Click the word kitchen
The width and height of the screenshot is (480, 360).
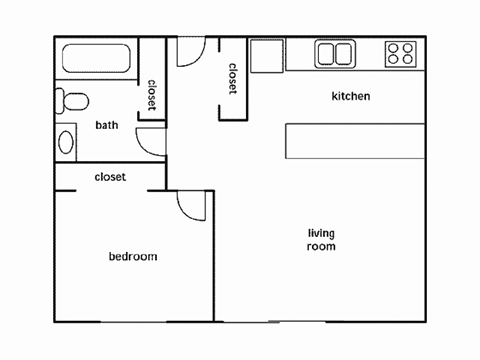point(351,97)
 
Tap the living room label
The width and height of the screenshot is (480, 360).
point(321,239)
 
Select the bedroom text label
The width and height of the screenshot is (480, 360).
point(133,257)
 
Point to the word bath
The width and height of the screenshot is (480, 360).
point(107,125)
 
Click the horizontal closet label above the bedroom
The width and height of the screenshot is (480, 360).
point(110,177)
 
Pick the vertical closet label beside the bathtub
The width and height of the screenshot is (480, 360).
point(152,96)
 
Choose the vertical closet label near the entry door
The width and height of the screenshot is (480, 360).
point(233,79)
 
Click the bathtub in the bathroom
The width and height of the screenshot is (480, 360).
point(97,61)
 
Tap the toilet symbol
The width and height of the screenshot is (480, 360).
point(73,101)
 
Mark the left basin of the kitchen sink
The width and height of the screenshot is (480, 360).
point(326,54)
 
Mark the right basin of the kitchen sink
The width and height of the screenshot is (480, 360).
point(344,54)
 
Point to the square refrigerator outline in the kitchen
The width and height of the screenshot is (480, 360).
point(267,56)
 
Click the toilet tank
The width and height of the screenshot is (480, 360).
point(61,101)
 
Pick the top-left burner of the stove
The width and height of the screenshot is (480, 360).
point(392,47)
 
